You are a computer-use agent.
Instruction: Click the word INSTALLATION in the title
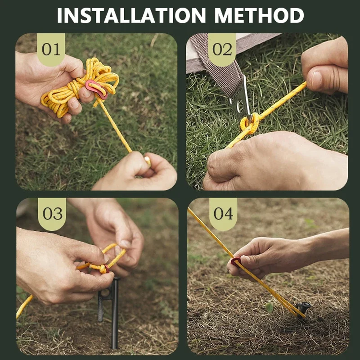131,15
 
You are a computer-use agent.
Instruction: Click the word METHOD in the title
259,15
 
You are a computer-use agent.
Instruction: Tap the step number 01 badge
51,49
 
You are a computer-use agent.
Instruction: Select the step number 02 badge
222,49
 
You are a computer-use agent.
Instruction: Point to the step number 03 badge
52,214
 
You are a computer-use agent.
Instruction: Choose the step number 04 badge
223,214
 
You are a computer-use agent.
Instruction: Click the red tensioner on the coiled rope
96,89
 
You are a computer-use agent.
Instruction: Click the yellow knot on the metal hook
250,124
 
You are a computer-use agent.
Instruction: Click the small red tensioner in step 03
107,269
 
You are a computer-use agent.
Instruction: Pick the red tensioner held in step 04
236,262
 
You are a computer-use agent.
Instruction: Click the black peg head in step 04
303,308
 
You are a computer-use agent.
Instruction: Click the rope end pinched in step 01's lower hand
148,161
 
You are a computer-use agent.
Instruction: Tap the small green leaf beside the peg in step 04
269,308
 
